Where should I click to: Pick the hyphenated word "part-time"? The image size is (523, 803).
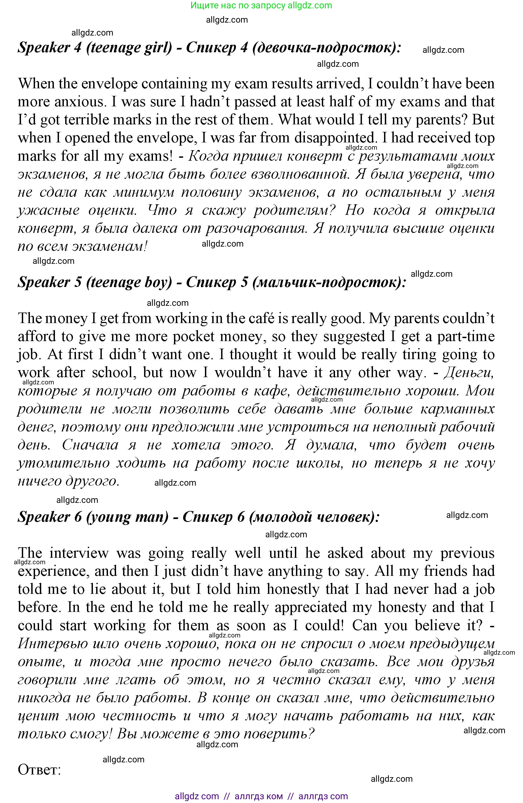point(466,337)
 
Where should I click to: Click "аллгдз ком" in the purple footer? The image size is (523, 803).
point(259,796)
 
